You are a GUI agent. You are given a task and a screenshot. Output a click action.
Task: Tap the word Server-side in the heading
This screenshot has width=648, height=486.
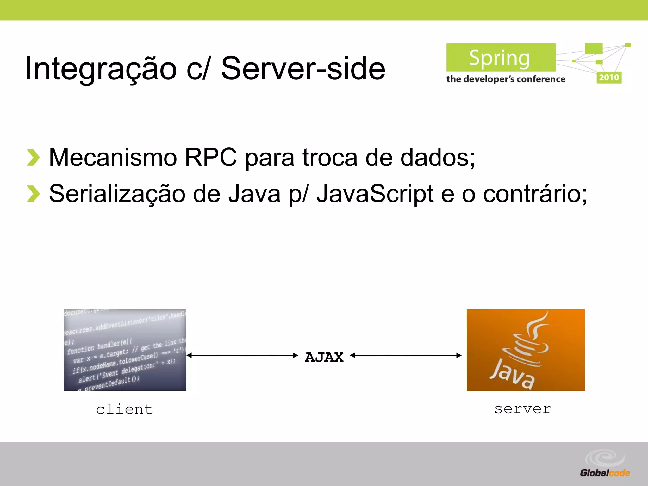[303, 68]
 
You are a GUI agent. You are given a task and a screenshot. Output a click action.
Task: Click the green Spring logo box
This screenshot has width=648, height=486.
[501, 58]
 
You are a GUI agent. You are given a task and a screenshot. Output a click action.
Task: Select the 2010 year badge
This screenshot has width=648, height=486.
[609, 78]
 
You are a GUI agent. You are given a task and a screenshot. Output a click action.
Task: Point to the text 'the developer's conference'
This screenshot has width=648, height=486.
[505, 79]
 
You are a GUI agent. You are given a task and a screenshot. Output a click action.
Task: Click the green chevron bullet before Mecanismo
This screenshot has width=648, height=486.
[33, 157]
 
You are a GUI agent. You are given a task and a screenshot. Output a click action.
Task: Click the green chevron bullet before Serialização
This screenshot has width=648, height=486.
[33, 194]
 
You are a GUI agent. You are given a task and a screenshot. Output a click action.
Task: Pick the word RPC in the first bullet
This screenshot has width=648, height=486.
[210, 157]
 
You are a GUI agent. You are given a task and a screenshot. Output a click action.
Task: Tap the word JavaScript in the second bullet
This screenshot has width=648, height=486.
[375, 194]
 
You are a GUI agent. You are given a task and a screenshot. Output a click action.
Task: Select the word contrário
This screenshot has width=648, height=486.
[535, 194]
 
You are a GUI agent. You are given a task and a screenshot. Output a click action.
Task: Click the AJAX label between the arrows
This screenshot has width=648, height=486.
[324, 357]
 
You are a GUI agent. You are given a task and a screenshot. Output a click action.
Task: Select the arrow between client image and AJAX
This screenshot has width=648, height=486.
[242, 355]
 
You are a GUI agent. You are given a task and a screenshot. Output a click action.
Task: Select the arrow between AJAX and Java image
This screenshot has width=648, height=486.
[406, 355]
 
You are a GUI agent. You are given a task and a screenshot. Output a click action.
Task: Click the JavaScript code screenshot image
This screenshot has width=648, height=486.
[125, 350]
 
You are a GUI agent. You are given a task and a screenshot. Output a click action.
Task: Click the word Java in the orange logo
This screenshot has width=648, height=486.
[512, 375]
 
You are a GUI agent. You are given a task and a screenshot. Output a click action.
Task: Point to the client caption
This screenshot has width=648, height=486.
[124, 409]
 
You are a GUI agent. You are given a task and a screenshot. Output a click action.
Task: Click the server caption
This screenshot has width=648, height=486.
[522, 409]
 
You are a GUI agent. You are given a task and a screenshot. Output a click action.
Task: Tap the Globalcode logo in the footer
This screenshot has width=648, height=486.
[604, 465]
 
